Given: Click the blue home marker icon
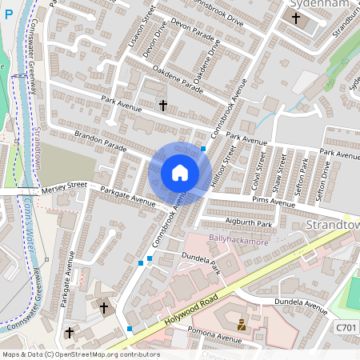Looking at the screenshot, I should [180, 173].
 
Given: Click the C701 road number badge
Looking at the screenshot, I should [345, 328].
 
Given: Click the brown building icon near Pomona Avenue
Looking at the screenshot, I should [241, 324].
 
